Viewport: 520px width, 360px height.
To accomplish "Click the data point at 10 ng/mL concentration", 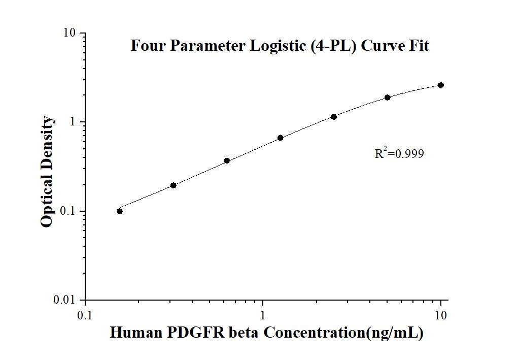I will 441,85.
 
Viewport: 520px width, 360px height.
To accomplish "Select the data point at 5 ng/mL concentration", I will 388,97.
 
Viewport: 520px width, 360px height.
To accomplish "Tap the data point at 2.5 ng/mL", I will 334,117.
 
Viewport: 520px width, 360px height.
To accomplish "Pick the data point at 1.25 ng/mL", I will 281,138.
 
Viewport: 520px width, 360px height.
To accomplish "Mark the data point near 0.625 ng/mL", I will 227,160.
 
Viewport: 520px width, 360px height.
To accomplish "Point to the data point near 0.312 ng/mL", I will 174,185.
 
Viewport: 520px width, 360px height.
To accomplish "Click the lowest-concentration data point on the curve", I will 120,211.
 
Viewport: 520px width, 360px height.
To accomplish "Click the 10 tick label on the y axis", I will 70,34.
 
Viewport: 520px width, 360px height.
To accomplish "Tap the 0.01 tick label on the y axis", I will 65,301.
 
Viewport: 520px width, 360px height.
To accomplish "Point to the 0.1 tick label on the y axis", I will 67,211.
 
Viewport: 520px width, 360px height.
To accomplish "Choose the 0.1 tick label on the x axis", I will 85,315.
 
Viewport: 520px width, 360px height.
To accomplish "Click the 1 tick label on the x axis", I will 263,315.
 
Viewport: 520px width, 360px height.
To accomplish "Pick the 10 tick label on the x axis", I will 441,315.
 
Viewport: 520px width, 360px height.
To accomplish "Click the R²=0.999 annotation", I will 399,153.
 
